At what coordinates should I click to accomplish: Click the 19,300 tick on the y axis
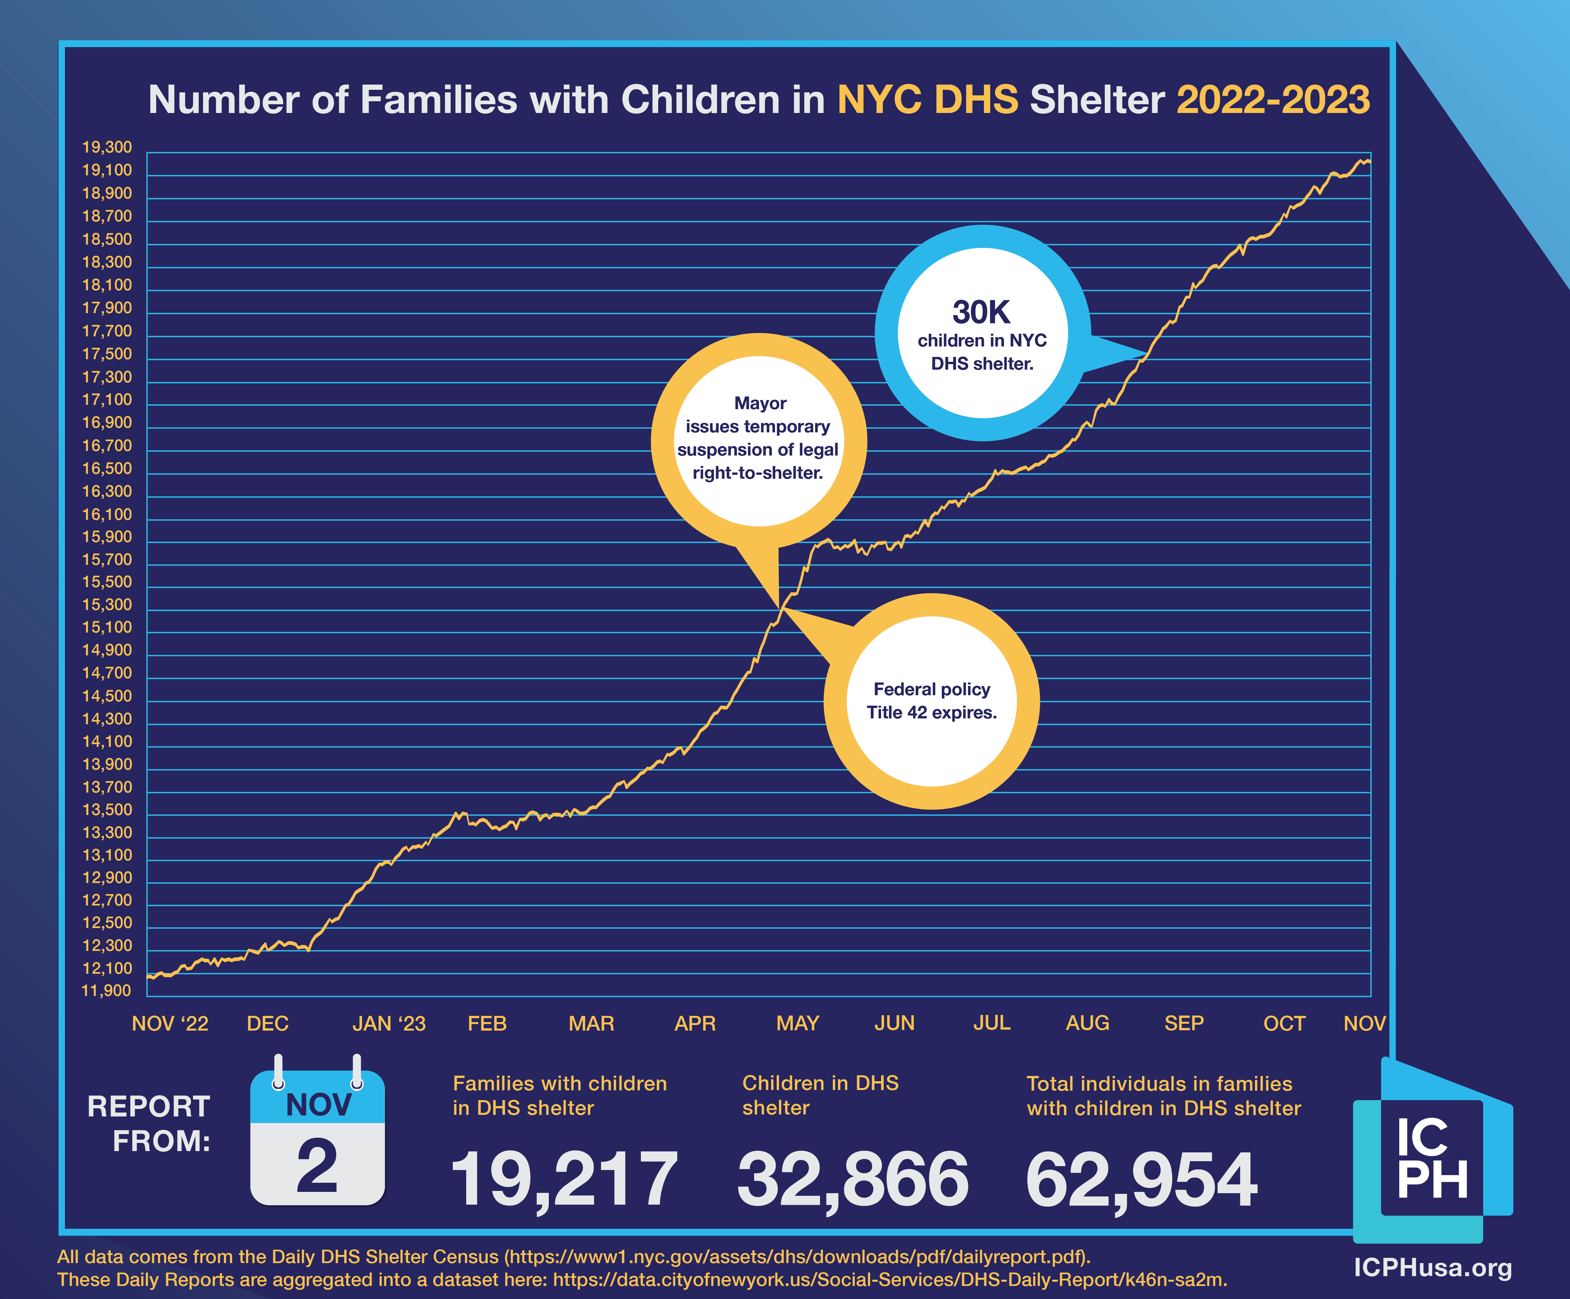(x=107, y=147)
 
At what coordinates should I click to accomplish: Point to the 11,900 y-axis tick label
(x=106, y=991)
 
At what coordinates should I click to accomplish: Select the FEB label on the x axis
(x=487, y=1023)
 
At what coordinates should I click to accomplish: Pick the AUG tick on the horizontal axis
(x=1087, y=1023)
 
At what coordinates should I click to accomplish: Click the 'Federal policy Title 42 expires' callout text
(x=931, y=701)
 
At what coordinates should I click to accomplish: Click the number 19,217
(x=564, y=1179)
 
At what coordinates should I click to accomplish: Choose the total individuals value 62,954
(x=1141, y=1179)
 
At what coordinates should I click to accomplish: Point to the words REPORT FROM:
(x=150, y=1123)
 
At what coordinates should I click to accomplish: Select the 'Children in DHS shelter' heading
(x=820, y=1096)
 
